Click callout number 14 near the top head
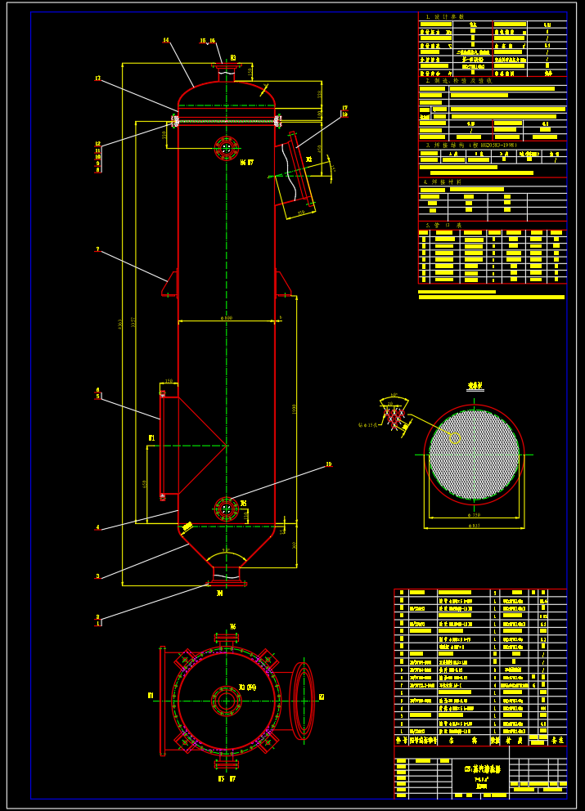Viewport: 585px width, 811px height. [166, 39]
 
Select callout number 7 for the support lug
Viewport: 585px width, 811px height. [97, 249]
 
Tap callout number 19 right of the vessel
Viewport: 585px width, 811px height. [329, 464]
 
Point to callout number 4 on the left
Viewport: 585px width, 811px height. [97, 528]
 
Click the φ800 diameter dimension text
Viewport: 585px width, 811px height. [226, 317]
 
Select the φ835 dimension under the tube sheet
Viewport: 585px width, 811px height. [474, 526]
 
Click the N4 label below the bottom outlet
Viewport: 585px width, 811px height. [219, 594]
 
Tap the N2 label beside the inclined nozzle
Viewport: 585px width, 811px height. [309, 159]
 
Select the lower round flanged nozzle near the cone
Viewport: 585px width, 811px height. [225, 509]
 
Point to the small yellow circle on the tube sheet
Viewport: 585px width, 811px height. [455, 437]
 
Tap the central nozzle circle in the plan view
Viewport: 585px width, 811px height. [226, 701]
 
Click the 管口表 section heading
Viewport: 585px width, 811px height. [446, 225]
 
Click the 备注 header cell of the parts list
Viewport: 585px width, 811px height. [557, 740]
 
